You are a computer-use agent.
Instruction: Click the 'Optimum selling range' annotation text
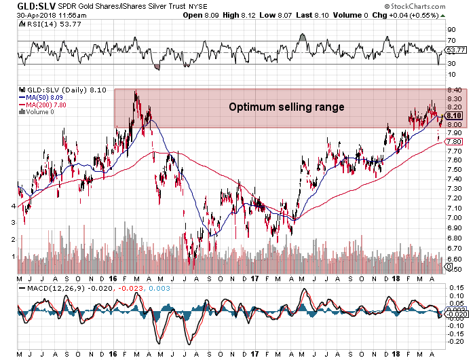[x=286, y=107]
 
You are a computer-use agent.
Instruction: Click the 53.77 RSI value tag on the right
[x=454, y=50]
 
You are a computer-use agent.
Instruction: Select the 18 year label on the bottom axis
[x=396, y=278]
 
